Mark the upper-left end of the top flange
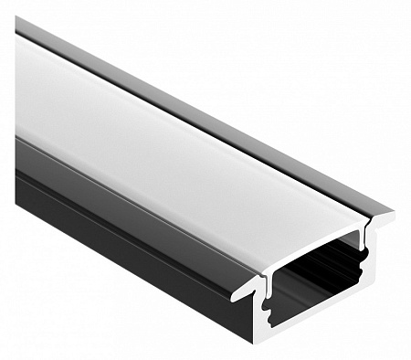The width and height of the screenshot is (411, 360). (20, 23)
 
